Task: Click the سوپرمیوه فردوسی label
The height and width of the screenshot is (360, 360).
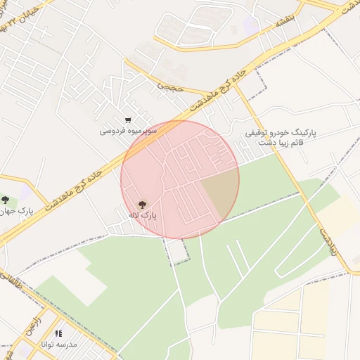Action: pos(127,131)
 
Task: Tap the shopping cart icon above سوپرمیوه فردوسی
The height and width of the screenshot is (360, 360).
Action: pos(127,120)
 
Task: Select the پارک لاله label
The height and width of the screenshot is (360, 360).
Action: pos(143,216)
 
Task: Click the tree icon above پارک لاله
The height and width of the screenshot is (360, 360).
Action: pos(143,205)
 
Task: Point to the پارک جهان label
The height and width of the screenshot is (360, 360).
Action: pos(15,212)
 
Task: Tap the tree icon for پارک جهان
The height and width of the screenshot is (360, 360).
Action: pos(5,201)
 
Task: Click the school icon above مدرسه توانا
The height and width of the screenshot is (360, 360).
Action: pos(59,333)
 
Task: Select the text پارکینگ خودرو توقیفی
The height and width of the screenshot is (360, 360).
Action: pos(281,132)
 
